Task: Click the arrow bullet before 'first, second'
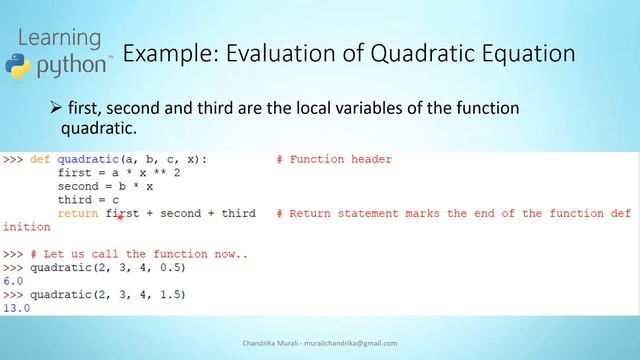[56, 106]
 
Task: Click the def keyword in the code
[40, 159]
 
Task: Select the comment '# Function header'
[334, 159]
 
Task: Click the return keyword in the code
[77, 213]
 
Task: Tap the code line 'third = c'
[89, 200]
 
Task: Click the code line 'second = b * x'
[105, 186]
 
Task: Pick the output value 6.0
[13, 281]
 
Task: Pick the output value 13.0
[16, 308]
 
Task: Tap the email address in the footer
[349, 343]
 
